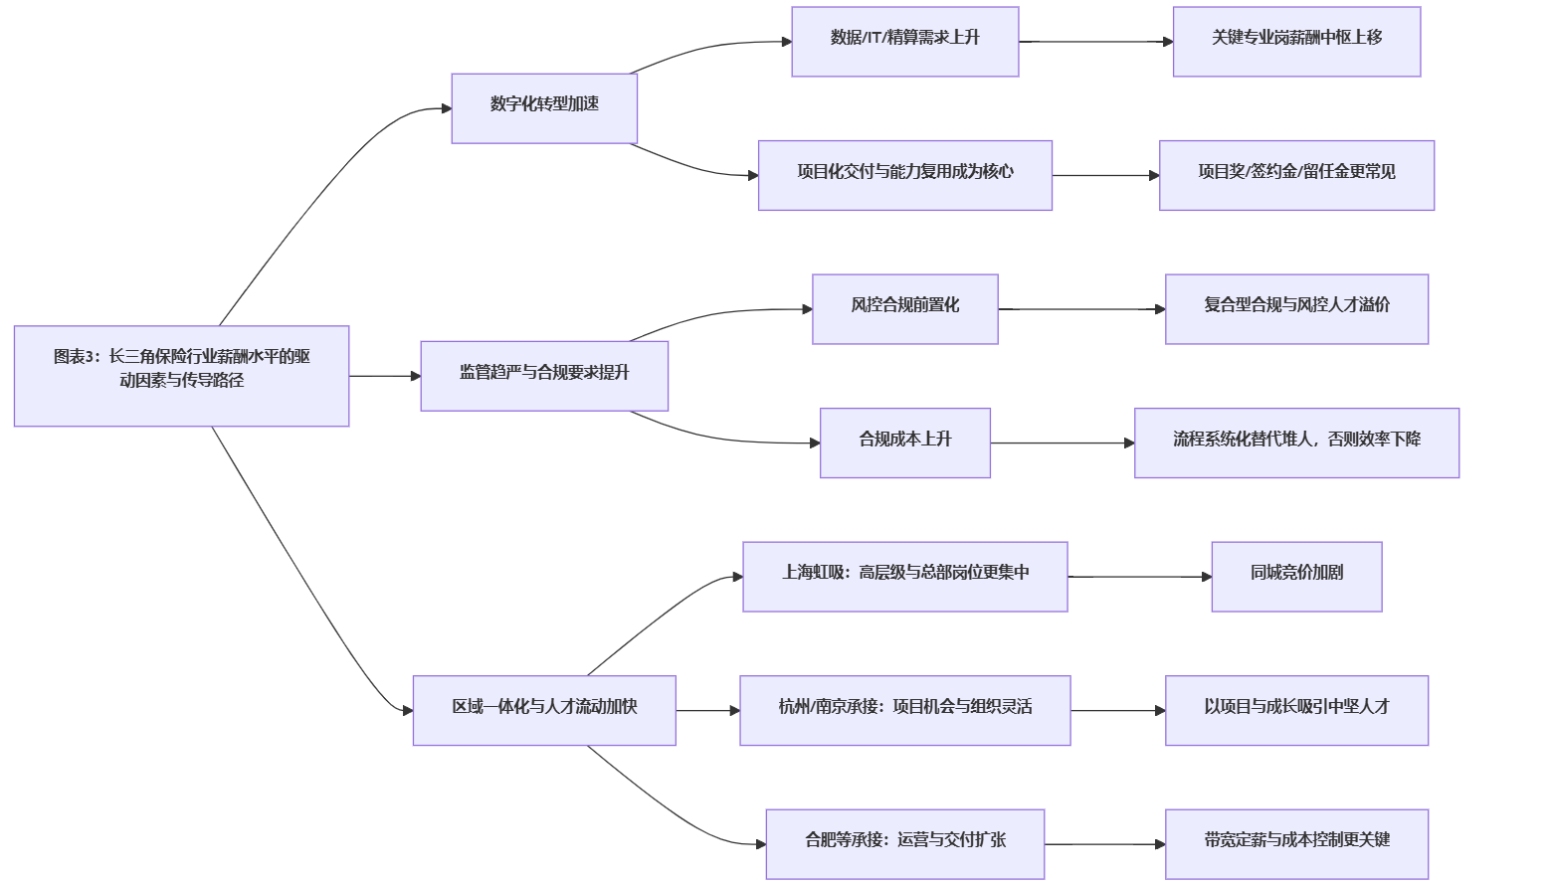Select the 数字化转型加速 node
(544, 108)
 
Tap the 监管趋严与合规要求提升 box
(544, 376)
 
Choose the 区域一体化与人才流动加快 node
(544, 710)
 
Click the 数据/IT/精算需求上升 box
(904, 42)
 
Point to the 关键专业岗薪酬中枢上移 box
(1296, 42)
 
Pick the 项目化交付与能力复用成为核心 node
(904, 175)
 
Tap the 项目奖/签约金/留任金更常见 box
(1296, 175)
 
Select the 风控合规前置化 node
(904, 309)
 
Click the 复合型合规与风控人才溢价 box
(1296, 309)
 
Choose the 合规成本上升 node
(904, 442)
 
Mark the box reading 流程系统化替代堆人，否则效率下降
(1296, 442)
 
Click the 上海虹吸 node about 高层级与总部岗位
(904, 577)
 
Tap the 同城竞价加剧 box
(1296, 577)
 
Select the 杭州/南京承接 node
(904, 710)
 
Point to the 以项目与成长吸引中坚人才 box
(1296, 710)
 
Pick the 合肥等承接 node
(904, 844)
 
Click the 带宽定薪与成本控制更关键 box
(1296, 844)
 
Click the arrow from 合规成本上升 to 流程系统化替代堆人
(1062, 442)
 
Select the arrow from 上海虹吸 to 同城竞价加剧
(1139, 577)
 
